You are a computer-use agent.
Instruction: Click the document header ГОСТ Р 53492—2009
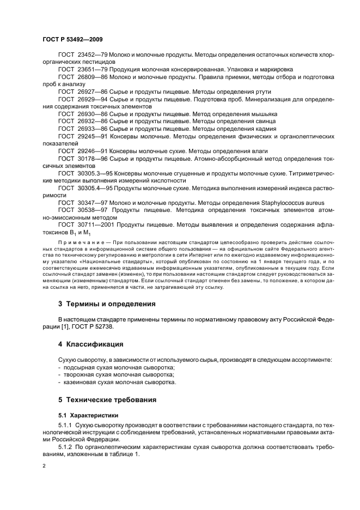point(72,40)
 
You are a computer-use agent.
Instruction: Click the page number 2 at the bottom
point(44,467)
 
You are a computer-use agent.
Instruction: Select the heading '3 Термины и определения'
point(107,303)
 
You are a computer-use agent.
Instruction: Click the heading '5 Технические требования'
point(111,399)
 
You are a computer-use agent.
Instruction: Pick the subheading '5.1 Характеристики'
point(87,415)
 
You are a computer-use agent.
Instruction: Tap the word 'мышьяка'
point(261,113)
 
